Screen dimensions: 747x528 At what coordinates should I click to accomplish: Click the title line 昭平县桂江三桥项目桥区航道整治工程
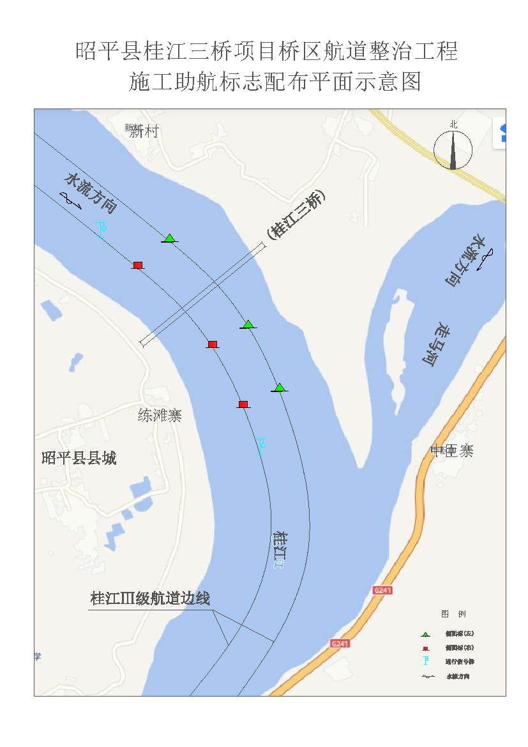point(267,50)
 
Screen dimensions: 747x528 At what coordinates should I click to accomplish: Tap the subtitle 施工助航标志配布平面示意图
point(275,82)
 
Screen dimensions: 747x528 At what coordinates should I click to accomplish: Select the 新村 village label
point(143,132)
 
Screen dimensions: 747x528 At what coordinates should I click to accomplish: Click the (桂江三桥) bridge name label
point(296,215)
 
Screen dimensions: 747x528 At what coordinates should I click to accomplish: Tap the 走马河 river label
point(437,343)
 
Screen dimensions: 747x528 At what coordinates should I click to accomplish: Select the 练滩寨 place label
point(160,416)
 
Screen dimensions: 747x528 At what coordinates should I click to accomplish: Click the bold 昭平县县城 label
point(79,458)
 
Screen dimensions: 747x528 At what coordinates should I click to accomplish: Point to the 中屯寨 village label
point(452,451)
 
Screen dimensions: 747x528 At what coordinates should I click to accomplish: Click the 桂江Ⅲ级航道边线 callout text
point(150,599)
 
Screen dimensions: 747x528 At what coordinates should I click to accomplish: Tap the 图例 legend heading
point(453,614)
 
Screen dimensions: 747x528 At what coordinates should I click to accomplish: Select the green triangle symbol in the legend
point(425,634)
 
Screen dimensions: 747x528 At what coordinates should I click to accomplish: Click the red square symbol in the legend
point(425,647)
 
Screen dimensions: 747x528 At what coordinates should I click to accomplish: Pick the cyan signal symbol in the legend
point(425,661)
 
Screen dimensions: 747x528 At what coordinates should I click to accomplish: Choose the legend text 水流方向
point(460,676)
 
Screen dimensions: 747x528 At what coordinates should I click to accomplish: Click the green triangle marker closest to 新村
point(169,238)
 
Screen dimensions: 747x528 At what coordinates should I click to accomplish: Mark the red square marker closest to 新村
point(137,265)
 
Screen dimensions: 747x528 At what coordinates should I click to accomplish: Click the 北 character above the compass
point(453,125)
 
